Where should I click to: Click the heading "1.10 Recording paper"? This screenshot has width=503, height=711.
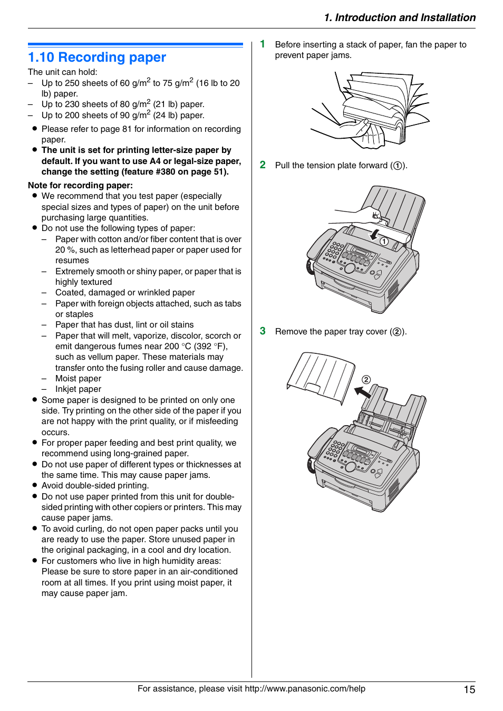click(97, 57)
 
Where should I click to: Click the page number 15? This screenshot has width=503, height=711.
click(469, 689)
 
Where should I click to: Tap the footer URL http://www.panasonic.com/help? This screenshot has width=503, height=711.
click(305, 688)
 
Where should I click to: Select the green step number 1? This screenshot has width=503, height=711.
click(263, 44)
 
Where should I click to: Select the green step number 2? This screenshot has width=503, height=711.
click(263, 165)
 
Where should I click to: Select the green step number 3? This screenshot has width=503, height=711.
click(263, 331)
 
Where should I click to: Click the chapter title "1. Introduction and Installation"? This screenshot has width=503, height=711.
click(400, 17)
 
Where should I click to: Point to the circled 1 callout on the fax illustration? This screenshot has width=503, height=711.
click(384, 242)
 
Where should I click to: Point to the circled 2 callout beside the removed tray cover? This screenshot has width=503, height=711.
click(366, 380)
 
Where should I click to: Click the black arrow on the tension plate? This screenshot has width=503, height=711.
click(375, 235)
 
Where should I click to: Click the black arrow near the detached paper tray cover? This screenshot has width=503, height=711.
click(362, 392)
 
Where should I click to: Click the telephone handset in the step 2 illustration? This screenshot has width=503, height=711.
click(316, 248)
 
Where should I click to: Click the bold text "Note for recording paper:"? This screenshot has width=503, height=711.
click(80, 185)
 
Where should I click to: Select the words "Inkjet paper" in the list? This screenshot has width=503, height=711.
click(78, 389)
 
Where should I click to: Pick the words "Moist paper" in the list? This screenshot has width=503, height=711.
click(78, 378)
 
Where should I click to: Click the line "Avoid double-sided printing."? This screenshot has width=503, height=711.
click(95, 486)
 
